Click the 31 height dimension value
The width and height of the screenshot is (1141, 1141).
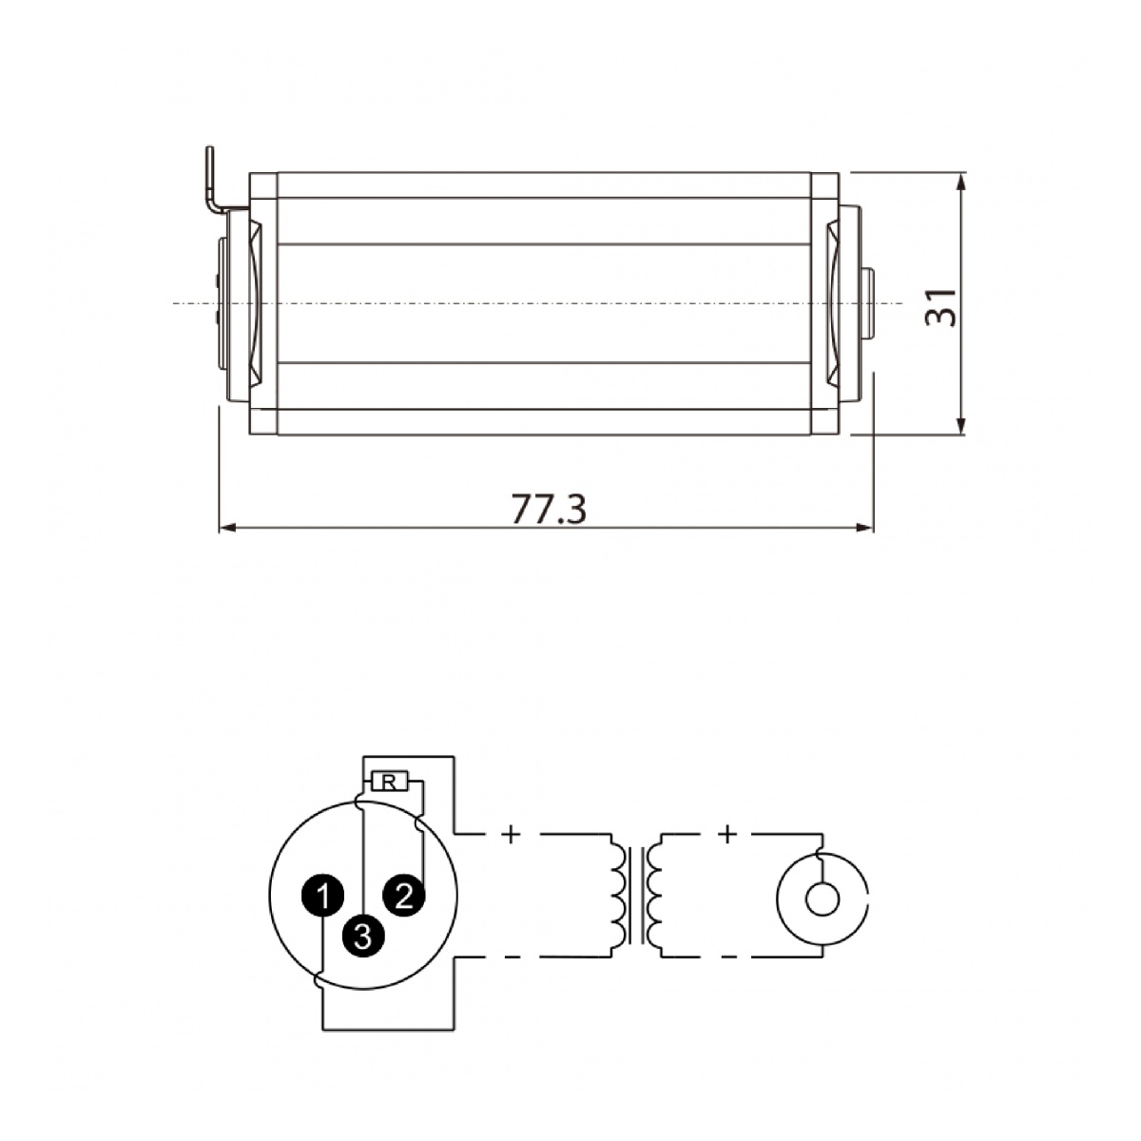939,307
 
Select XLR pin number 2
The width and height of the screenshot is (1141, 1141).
404,896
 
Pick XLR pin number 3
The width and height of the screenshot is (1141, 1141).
363,937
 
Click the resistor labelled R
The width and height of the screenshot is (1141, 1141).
389,783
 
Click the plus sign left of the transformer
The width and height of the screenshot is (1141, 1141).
510,835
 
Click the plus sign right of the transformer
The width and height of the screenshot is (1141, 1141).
727,835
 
